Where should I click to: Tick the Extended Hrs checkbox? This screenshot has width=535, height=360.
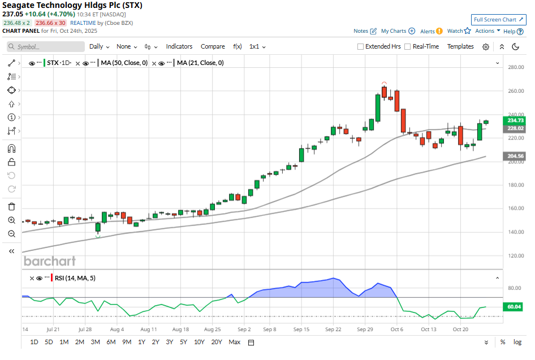361,47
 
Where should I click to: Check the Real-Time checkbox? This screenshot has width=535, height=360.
407,47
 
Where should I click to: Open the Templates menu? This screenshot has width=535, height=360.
460,46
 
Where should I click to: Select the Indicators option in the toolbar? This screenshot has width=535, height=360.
179,46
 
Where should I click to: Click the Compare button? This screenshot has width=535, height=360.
213,46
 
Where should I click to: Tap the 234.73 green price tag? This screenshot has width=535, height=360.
515,120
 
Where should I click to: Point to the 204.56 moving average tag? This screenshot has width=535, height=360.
515,156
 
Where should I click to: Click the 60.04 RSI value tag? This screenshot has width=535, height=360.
515,306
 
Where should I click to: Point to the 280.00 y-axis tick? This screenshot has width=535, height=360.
515,67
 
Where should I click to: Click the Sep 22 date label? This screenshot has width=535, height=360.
333,329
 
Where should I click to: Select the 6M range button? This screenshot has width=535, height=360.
111,342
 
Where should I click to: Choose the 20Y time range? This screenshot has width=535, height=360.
217,342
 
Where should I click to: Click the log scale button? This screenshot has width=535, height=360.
517,342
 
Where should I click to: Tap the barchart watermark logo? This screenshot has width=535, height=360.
49,261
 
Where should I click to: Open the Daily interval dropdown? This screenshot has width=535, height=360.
99,46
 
